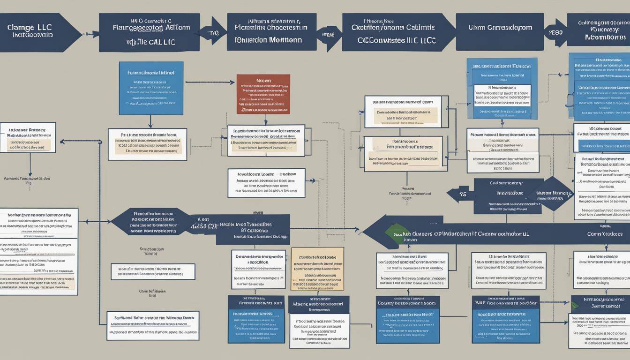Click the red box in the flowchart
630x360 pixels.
[263, 94]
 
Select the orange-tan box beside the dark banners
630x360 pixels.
[317, 269]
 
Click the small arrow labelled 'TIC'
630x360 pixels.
[214, 33]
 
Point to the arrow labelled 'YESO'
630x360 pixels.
[555, 33]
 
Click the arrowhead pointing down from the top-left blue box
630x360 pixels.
[150, 125]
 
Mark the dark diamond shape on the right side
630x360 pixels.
[554, 194]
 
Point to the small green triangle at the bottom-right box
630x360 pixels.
[575, 305]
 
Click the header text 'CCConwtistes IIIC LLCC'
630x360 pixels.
[397, 40]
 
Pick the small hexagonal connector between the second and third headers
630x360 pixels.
[329, 34]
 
